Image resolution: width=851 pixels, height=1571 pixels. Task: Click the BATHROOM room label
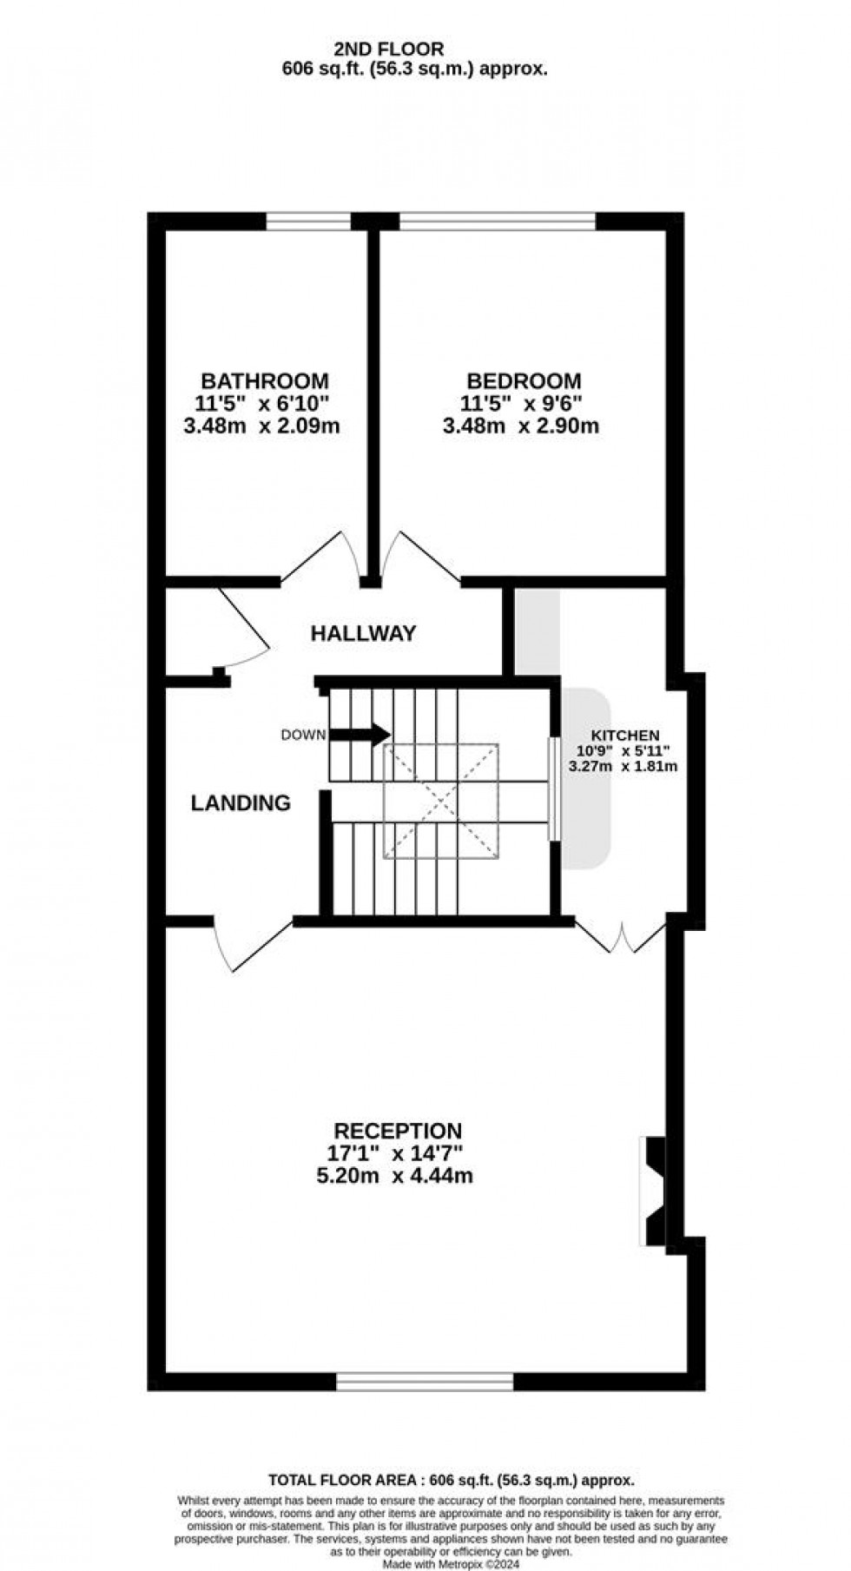(x=265, y=380)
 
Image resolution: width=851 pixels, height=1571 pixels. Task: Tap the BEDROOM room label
(x=524, y=380)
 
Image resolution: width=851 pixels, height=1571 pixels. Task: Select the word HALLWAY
(x=364, y=633)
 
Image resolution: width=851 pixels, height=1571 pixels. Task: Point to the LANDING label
(x=241, y=802)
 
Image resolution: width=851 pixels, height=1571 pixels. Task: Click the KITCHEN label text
(x=625, y=735)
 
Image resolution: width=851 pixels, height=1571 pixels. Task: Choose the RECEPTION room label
(x=398, y=1131)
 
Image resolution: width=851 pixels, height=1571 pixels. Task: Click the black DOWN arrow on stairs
(x=360, y=735)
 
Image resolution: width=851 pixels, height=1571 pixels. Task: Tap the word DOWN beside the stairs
(x=303, y=735)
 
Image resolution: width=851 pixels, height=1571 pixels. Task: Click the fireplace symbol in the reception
(x=653, y=1190)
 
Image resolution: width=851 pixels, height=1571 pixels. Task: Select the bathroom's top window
(x=308, y=222)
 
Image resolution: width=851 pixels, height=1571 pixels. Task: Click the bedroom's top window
(x=498, y=222)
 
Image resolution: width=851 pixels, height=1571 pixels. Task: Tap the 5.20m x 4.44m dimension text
(x=398, y=1177)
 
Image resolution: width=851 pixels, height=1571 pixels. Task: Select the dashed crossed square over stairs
(x=441, y=801)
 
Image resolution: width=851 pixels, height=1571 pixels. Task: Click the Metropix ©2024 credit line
(x=451, y=1564)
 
